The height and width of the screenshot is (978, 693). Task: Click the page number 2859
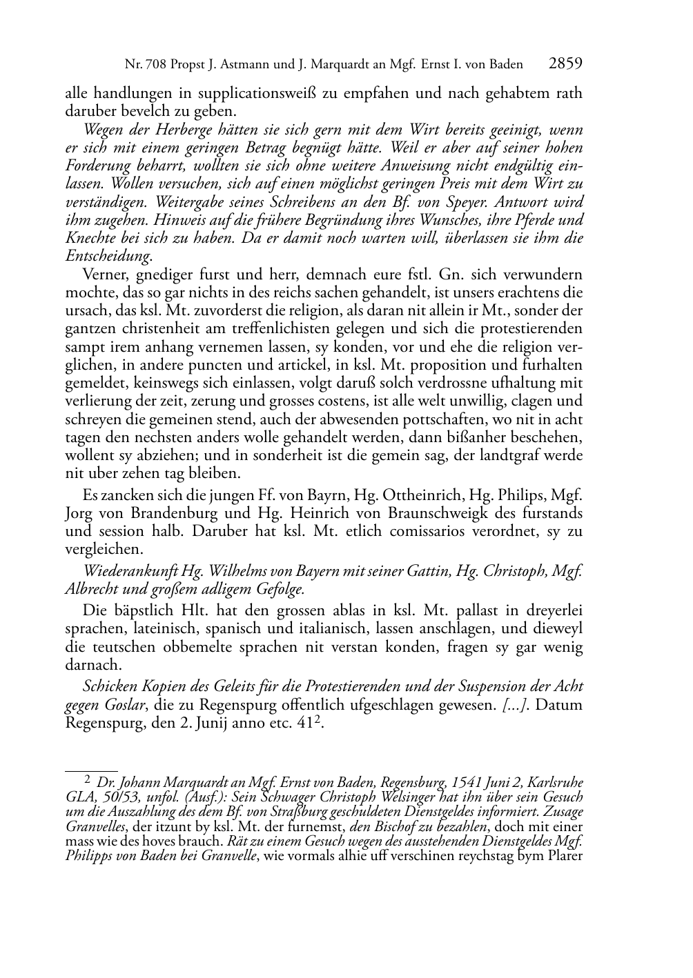[565, 64]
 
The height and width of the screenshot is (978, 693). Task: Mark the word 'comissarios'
[430, 532]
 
